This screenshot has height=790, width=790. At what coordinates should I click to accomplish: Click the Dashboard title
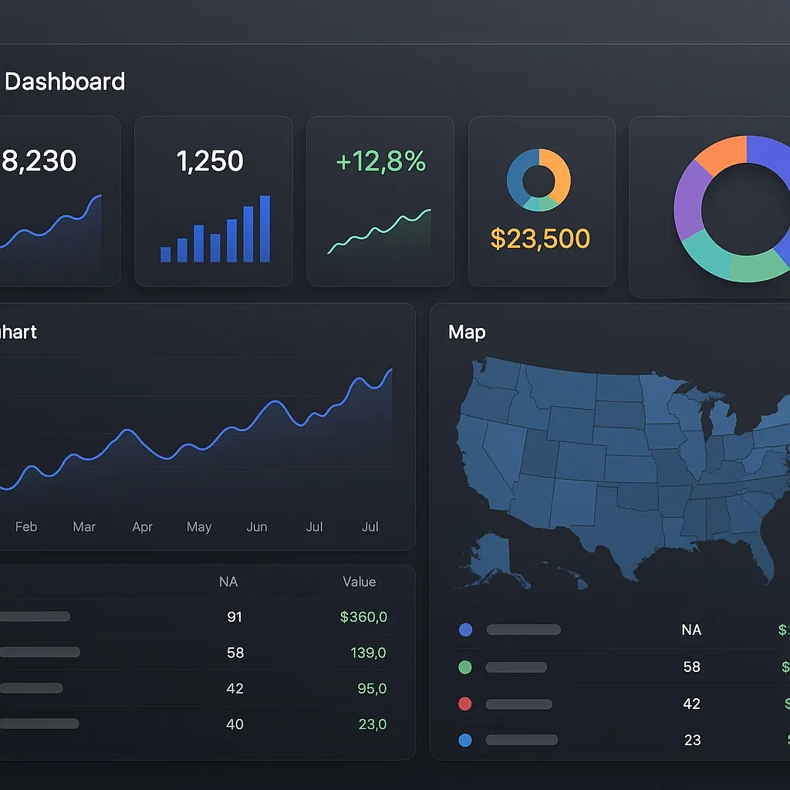(x=65, y=82)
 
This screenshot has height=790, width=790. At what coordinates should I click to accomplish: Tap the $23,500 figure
(x=540, y=239)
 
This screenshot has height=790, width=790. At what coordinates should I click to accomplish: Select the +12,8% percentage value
(x=381, y=161)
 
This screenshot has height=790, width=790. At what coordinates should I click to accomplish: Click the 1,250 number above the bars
(x=210, y=161)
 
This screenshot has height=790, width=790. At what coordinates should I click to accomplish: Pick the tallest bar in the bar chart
(x=265, y=229)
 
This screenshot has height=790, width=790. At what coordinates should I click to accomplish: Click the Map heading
(x=467, y=333)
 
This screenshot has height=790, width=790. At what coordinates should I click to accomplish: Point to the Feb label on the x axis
(x=26, y=527)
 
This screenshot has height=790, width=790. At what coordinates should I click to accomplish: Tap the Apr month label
(x=143, y=527)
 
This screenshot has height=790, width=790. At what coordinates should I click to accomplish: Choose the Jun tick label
(x=257, y=527)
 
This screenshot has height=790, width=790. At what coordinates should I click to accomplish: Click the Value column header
(x=360, y=582)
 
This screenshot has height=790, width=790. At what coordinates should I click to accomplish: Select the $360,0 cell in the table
(x=363, y=617)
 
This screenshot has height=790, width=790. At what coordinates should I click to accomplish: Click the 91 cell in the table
(x=235, y=617)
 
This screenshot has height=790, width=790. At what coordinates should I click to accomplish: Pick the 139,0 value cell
(x=368, y=653)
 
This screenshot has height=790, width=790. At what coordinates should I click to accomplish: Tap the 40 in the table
(x=235, y=724)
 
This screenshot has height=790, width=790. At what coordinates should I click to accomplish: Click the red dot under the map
(x=465, y=704)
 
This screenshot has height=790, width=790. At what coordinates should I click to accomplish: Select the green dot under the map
(x=465, y=667)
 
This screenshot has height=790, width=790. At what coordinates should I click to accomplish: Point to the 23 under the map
(x=692, y=740)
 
